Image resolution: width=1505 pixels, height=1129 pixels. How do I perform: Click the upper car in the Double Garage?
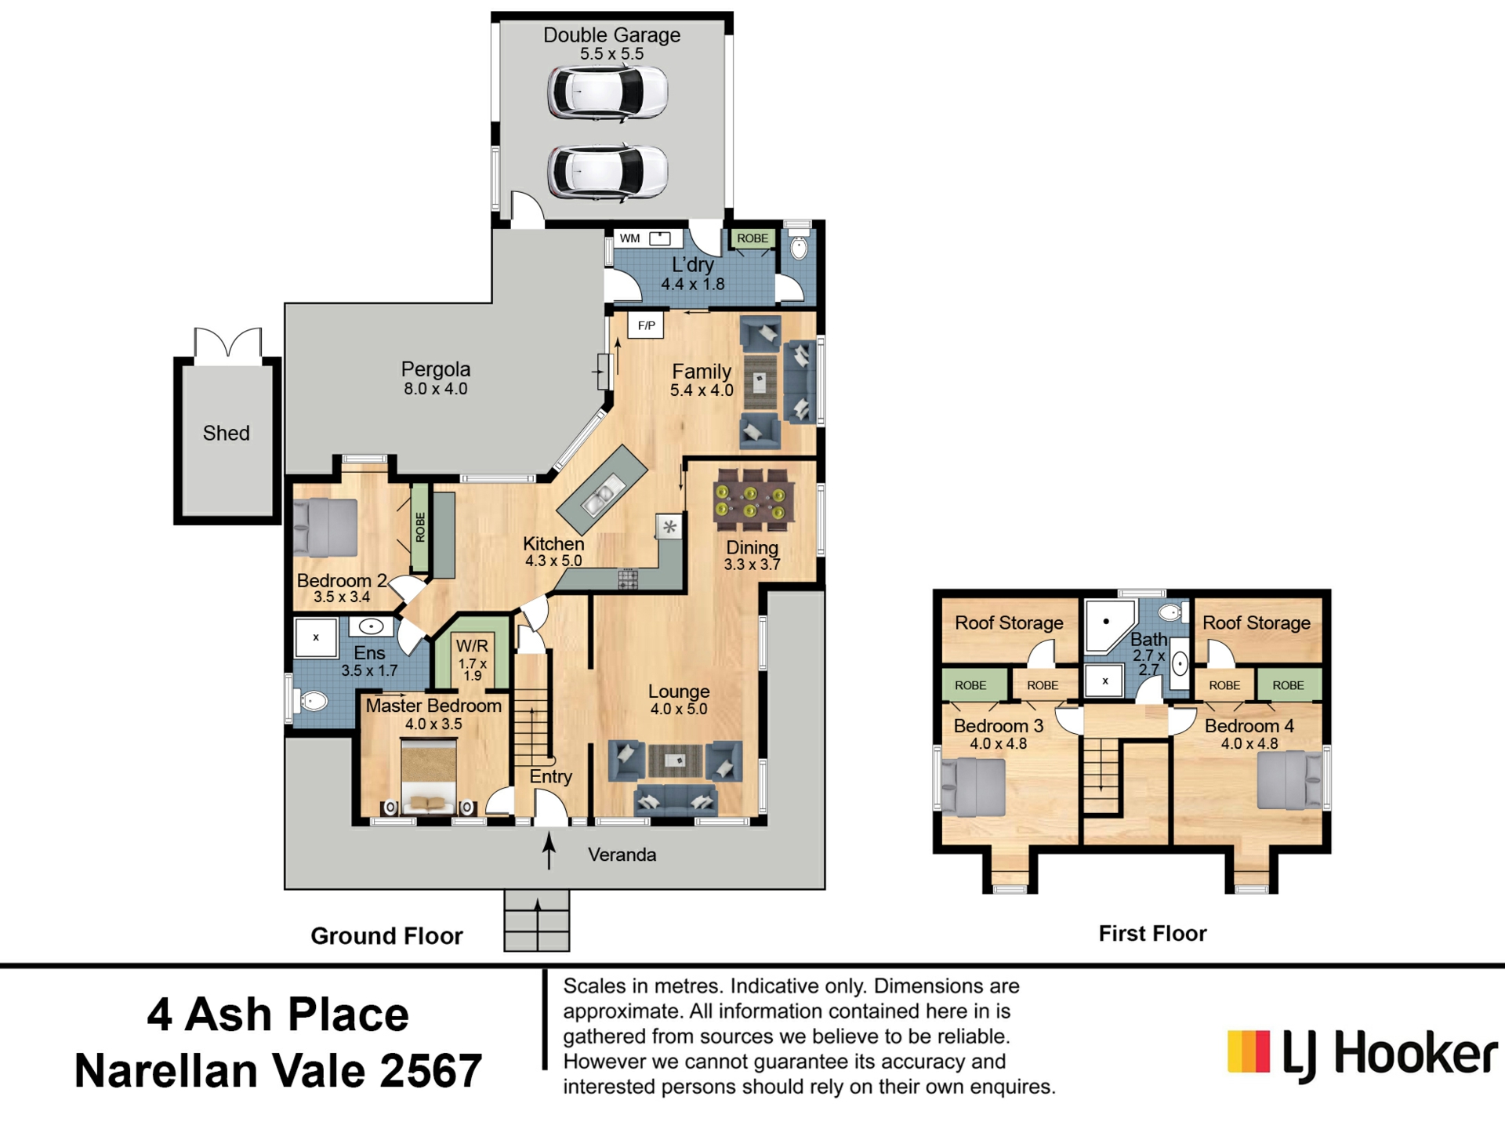tap(607, 93)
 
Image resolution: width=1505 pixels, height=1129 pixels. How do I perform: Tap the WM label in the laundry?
tap(629, 238)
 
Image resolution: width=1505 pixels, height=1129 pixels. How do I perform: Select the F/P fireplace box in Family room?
tap(646, 325)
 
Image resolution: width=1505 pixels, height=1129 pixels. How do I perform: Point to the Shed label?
tap(227, 433)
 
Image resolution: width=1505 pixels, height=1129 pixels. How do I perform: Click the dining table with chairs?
tap(752, 496)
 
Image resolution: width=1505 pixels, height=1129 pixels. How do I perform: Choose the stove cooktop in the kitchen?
tap(628, 579)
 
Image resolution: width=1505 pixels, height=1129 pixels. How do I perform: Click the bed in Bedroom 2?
tap(325, 528)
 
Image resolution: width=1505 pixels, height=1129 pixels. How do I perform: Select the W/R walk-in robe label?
tap(472, 646)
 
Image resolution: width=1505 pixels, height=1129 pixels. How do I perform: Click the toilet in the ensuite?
tap(311, 700)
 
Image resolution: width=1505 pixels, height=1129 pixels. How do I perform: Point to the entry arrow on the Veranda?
tap(549, 851)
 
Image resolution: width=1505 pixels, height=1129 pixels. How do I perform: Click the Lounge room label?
tap(679, 692)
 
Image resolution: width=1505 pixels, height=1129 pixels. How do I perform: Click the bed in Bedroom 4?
tap(1289, 780)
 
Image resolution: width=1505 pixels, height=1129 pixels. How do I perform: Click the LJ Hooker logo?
tap(1362, 1055)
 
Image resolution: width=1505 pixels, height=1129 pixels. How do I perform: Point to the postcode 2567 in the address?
tap(431, 1072)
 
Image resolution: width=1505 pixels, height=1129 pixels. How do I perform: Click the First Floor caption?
tap(1152, 934)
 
